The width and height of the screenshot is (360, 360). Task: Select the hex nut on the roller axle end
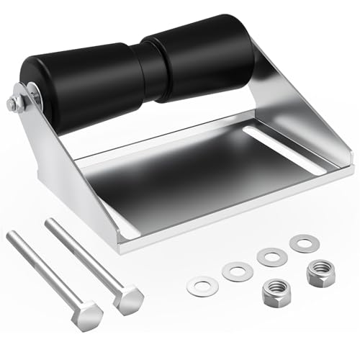click(x=16, y=104)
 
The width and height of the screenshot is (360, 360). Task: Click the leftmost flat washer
click(x=201, y=286)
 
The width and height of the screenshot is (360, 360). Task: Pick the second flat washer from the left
click(x=238, y=271)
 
